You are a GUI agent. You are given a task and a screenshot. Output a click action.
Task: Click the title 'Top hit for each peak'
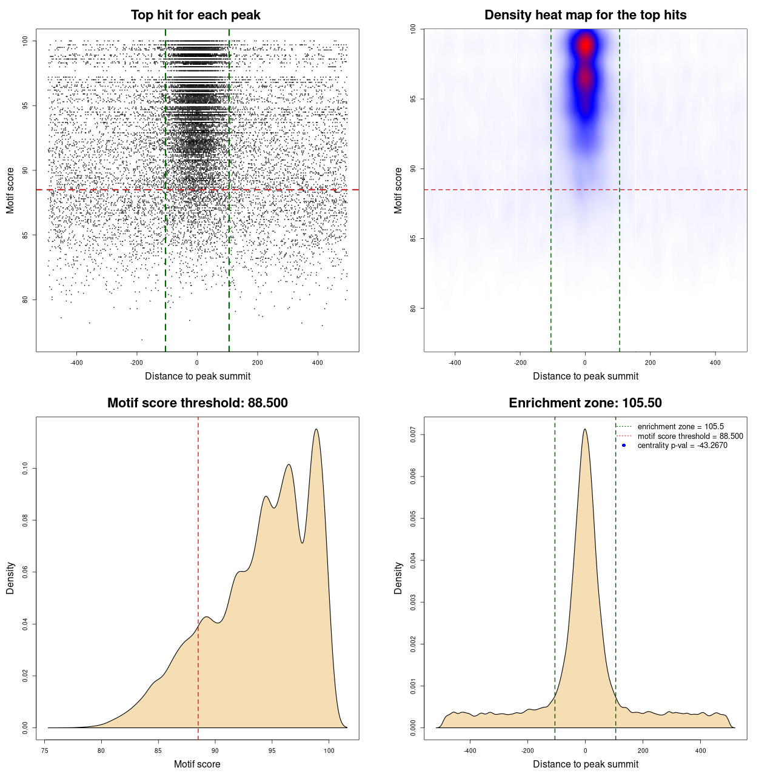pyautogui.click(x=195, y=15)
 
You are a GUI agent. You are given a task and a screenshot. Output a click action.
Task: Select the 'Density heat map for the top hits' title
pyautogui.click(x=585, y=15)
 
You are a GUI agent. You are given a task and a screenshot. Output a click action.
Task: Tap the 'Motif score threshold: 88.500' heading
pyautogui.click(x=197, y=403)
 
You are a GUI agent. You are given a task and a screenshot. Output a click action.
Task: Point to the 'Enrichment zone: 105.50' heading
pyautogui.click(x=585, y=403)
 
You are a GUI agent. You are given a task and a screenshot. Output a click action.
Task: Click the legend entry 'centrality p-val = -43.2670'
pyautogui.click(x=682, y=446)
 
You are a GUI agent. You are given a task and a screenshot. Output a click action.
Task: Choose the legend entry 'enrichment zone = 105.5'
pyautogui.click(x=680, y=427)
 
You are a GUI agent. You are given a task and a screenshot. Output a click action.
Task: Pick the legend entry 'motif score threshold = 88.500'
pyautogui.click(x=690, y=436)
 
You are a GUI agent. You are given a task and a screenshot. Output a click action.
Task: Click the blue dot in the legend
pyautogui.click(x=624, y=446)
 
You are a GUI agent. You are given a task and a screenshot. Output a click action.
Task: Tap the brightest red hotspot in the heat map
pyautogui.click(x=585, y=44)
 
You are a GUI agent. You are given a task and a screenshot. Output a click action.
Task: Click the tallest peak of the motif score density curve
pyautogui.click(x=316, y=429)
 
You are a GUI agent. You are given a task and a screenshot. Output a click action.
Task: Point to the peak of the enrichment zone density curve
pyautogui.click(x=585, y=429)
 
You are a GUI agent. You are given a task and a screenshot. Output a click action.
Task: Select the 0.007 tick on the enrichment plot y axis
pyautogui.click(x=413, y=434)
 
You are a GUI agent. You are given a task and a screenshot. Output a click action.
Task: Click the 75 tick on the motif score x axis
pyautogui.click(x=45, y=751)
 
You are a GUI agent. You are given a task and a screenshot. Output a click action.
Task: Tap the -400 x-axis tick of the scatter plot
pyautogui.click(x=76, y=363)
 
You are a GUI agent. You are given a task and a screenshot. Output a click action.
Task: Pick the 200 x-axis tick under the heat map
pyautogui.click(x=650, y=363)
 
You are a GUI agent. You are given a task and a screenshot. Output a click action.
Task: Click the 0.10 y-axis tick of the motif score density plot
pyautogui.click(x=25, y=468)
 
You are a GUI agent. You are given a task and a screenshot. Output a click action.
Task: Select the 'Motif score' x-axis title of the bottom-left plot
pyautogui.click(x=197, y=764)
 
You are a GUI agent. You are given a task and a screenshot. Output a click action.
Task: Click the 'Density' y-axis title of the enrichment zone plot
pyautogui.click(x=398, y=578)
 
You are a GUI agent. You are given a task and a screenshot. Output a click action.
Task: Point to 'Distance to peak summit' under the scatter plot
pyautogui.click(x=198, y=376)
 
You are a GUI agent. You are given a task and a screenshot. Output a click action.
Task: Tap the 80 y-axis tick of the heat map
pyautogui.click(x=413, y=308)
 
